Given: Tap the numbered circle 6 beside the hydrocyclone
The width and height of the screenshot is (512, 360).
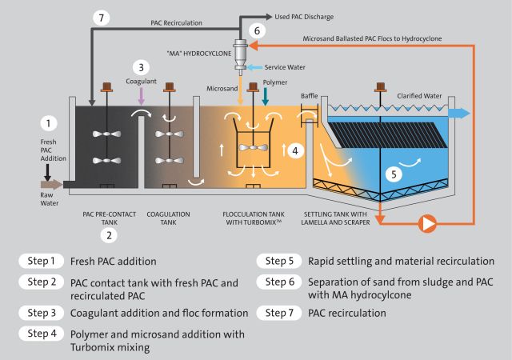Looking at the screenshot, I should [255, 30].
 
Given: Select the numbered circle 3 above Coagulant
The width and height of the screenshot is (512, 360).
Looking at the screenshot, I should [142, 68].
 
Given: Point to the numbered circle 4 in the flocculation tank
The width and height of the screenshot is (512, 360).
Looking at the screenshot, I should [294, 150].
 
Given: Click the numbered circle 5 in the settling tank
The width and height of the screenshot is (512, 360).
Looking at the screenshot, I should [392, 172].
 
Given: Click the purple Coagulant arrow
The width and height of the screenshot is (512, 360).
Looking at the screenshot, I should [142, 95].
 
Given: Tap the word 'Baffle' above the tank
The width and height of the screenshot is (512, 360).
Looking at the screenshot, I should [310, 95].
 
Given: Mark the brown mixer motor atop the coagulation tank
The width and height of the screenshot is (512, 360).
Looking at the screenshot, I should [170, 86].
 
